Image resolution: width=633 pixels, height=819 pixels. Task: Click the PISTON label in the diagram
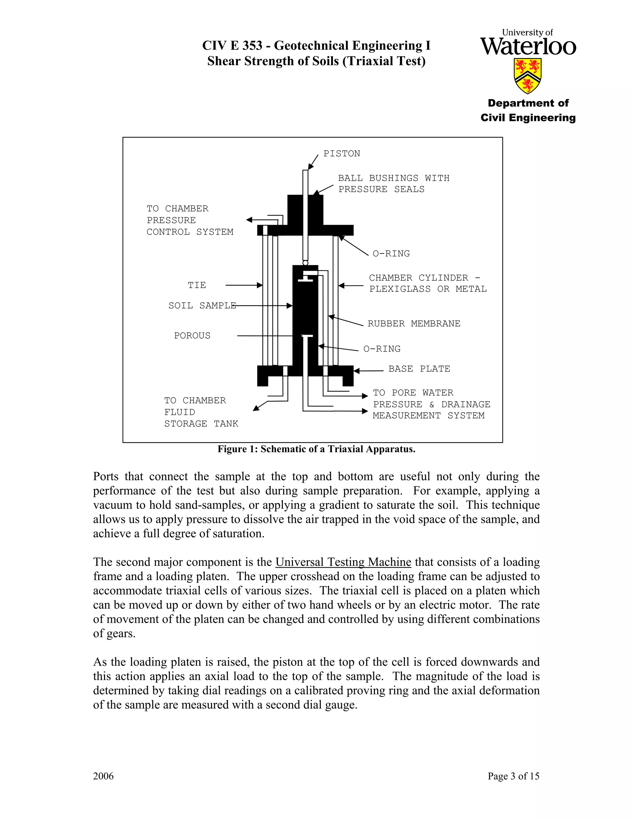341,154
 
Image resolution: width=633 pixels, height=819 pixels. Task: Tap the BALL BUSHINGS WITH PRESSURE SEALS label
393,184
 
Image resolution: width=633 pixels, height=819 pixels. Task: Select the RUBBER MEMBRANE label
414,324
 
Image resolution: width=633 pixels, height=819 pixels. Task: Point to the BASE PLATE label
419,369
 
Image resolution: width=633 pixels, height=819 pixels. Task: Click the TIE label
197,285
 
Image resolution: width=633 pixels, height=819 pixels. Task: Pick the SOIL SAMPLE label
202,306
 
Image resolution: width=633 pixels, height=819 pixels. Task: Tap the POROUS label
192,336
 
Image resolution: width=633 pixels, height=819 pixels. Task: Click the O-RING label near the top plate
391,254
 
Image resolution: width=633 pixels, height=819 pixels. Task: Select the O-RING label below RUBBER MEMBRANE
382,349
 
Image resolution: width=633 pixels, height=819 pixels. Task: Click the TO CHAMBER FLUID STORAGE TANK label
201,412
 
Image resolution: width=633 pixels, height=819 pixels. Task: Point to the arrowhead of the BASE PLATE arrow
357,371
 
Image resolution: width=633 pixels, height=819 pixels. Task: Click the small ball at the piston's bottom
305,263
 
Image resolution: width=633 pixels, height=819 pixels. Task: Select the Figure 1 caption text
316,449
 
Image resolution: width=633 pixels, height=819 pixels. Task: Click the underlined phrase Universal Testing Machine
343,562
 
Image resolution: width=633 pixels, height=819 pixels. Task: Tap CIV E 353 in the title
232,46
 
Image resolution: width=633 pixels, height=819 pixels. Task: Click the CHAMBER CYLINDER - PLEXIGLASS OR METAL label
427,283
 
